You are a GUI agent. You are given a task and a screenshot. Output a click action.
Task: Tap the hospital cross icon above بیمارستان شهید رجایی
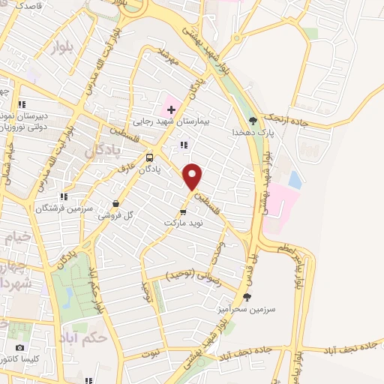pyautogui.click(x=172, y=109)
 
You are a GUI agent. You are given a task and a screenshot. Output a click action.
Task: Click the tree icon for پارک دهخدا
pyautogui.click(x=253, y=120)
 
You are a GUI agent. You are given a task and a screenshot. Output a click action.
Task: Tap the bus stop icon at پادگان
pyautogui.click(x=150, y=157)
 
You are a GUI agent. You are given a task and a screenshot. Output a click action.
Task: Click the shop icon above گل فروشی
pyautogui.click(x=116, y=203)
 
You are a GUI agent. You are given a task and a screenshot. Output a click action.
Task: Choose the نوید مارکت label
pyautogui.click(x=183, y=223)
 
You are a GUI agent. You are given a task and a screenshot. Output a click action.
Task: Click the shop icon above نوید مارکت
pyautogui.click(x=184, y=212)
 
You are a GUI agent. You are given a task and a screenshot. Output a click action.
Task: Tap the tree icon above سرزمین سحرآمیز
pyautogui.click(x=247, y=298)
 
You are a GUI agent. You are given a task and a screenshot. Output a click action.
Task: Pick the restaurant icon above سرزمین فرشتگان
pyautogui.click(x=65, y=196)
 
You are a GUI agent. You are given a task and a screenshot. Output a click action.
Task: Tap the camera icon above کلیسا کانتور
pyautogui.click(x=19, y=347)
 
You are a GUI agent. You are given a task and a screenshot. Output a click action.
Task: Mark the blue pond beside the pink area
pyautogui.click(x=295, y=180)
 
